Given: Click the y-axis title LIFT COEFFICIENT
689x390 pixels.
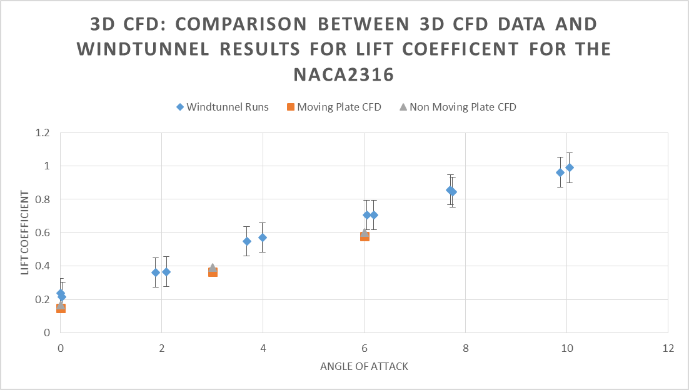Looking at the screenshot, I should (x=26, y=232).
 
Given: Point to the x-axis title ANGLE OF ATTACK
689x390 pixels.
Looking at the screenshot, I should (x=364, y=366).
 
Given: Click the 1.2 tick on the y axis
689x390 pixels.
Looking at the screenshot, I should (x=43, y=133).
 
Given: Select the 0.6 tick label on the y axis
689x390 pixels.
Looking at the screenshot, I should (x=43, y=232).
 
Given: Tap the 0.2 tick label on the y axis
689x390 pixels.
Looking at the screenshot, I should (x=43, y=299).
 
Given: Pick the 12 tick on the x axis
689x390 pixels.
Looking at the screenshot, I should (x=668, y=347).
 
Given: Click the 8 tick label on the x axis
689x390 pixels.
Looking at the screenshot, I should (x=465, y=347).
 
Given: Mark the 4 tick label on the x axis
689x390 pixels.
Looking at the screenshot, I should (x=263, y=347).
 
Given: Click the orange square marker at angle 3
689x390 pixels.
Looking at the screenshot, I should (x=213, y=272).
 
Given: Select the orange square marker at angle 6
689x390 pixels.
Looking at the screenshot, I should (x=365, y=236).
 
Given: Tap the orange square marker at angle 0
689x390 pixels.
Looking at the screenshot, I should (x=61, y=308).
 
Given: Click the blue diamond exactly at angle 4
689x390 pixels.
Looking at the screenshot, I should (x=263, y=237).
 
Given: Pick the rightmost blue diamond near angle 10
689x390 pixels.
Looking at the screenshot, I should (x=570, y=167).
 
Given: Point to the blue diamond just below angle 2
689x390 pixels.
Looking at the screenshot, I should (x=156, y=272).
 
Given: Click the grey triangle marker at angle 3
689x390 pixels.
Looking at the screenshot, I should (x=213, y=267).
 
